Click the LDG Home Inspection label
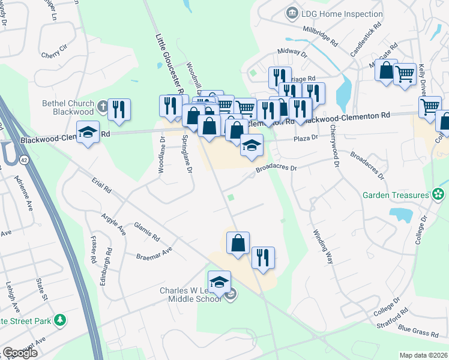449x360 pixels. click(x=343, y=14)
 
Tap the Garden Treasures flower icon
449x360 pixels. click(x=439, y=194)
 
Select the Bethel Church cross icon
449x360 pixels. click(x=103, y=107)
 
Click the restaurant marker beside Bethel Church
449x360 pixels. click(x=119, y=109)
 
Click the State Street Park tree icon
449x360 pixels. click(x=59, y=320)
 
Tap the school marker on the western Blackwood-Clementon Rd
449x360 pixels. click(x=88, y=131)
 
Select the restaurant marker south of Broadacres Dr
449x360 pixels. click(x=263, y=257)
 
